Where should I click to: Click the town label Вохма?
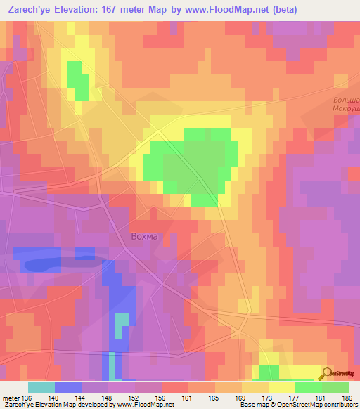pyautogui.click(x=146, y=236)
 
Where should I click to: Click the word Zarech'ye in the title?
pyautogui.click(x=32, y=10)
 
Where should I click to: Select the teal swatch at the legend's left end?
pyautogui.click(x=41, y=387)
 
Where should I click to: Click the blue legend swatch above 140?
pyautogui.click(x=67, y=387)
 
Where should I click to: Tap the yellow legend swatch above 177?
pyautogui.click(x=281, y=387)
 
